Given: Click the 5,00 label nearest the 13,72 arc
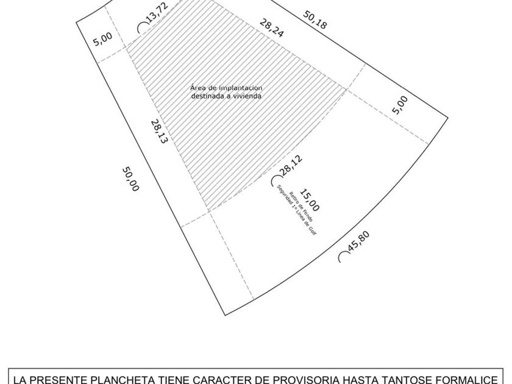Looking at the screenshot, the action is point(103,41).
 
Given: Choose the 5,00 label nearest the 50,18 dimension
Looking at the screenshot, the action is point(400,104).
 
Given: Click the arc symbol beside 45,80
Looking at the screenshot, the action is point(343,258).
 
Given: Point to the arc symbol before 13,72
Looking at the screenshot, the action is point(141,27).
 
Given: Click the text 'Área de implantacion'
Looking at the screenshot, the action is point(226,87).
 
